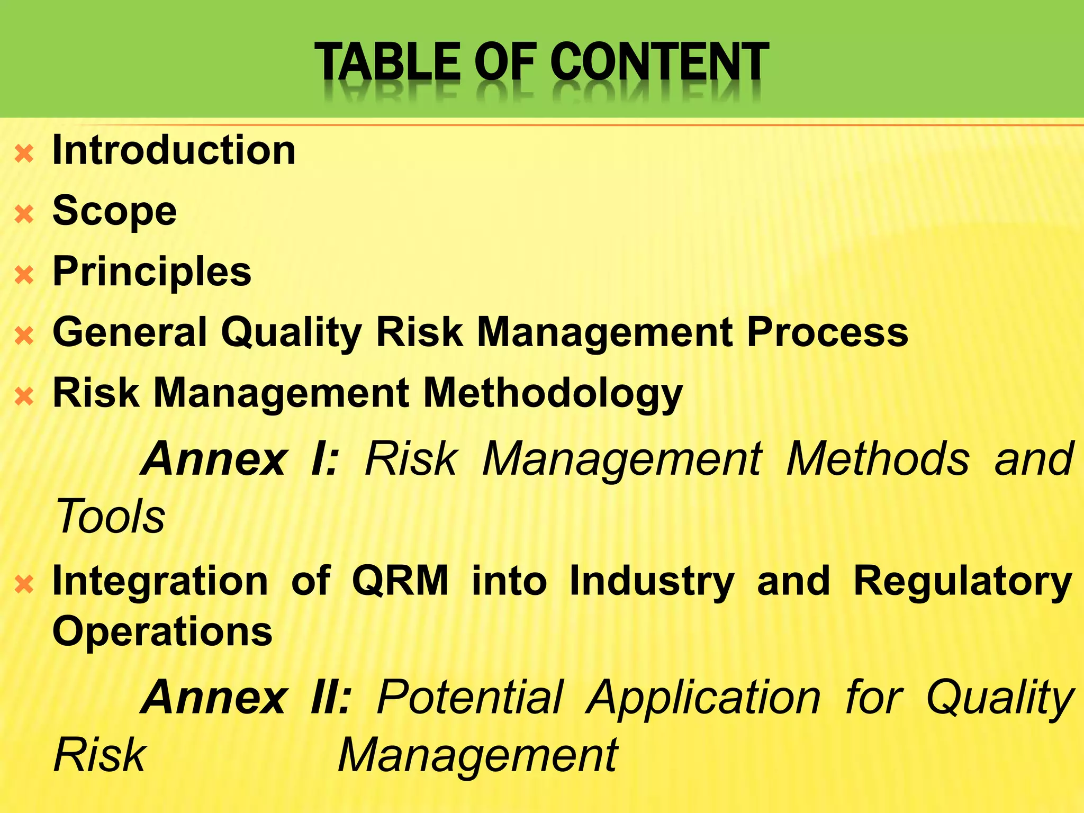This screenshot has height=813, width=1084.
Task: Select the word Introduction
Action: [174, 150]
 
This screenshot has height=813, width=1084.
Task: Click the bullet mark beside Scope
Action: [24, 215]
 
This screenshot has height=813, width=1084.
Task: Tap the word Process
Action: [828, 332]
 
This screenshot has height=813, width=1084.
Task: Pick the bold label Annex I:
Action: [241, 458]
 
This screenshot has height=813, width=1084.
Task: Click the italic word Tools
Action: [110, 516]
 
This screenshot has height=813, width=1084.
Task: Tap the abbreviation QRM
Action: [400, 581]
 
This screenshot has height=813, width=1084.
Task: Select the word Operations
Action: [162, 632]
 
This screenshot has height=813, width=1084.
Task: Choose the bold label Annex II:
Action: [247, 697]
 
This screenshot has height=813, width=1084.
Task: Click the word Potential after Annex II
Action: [470, 697]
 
